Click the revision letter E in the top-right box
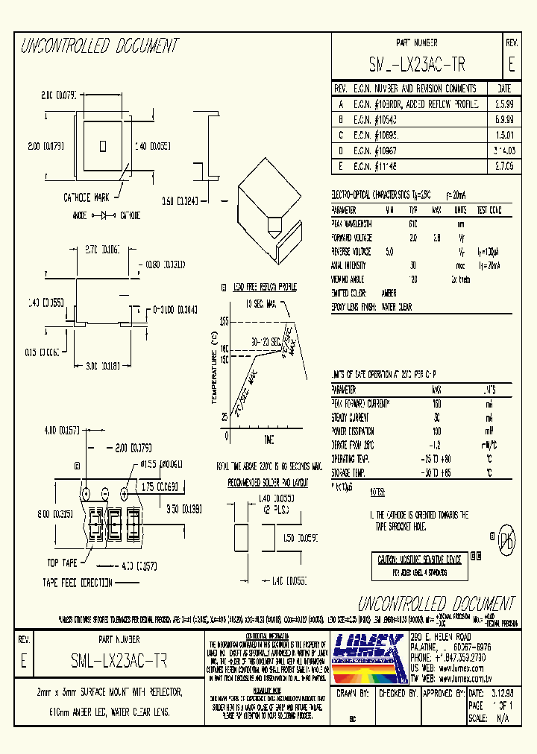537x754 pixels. pyautogui.click(x=511, y=65)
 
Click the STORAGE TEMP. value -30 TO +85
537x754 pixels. pyautogui.click(x=436, y=472)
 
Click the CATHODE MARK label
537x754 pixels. pyautogui.click(x=89, y=197)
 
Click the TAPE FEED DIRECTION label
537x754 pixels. pyautogui.click(x=77, y=583)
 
